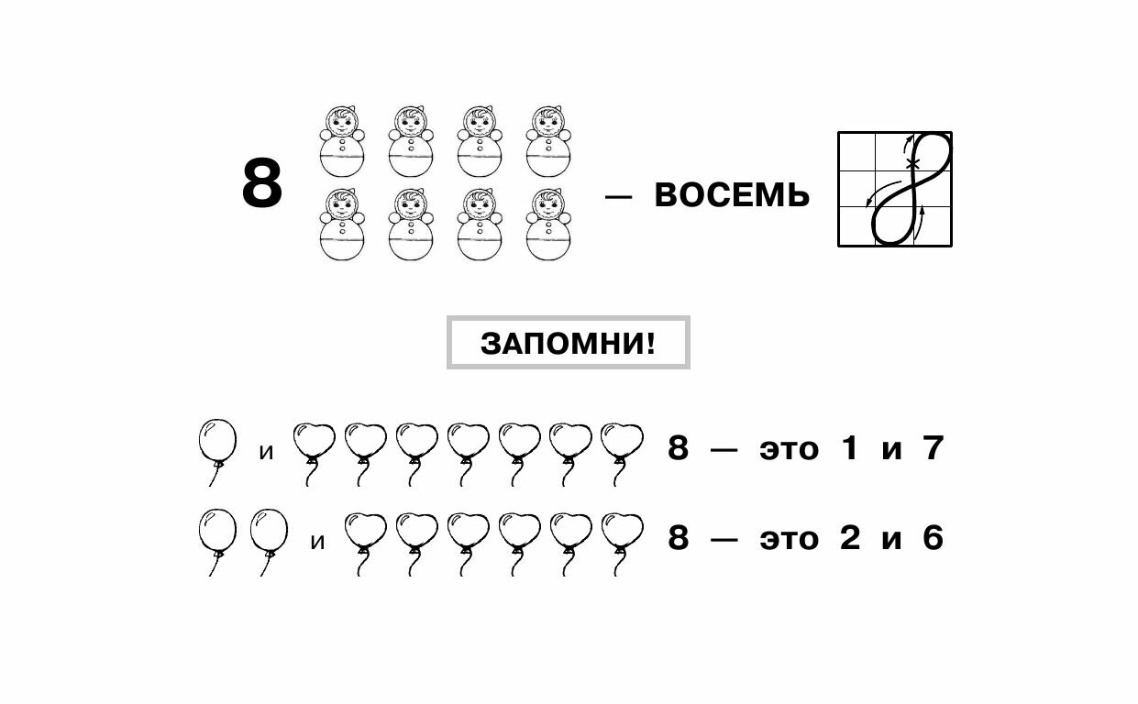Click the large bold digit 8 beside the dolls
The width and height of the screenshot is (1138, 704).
point(262,184)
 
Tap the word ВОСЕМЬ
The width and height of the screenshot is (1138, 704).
point(732,195)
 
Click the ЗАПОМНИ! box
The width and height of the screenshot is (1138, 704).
point(568,344)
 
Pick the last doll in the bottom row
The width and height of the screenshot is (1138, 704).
point(548,225)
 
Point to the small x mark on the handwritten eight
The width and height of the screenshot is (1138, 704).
point(912,164)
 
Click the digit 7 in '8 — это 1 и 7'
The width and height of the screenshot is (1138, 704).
point(933,449)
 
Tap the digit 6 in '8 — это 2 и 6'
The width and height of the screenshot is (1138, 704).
point(933,538)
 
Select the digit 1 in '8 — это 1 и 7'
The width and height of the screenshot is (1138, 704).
point(849,449)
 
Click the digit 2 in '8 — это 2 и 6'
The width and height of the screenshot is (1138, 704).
point(850,538)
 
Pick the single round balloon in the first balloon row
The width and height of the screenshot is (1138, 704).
point(217,442)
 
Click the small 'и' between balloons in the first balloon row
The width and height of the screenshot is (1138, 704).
point(267,452)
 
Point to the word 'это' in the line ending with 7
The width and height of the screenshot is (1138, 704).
point(788,450)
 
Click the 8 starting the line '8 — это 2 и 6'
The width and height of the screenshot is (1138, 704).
point(678,538)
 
